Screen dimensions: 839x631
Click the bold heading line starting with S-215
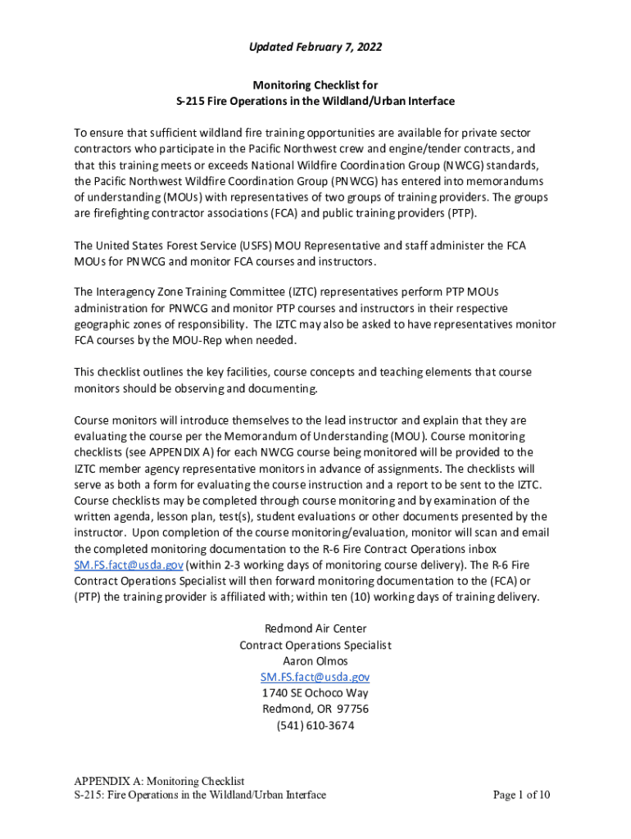click(x=315, y=101)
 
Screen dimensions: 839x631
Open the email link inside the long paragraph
click(x=129, y=565)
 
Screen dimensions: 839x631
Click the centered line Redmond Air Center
click(x=315, y=628)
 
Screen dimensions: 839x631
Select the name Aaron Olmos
click(x=315, y=660)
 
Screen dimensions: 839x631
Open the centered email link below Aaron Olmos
click(x=315, y=677)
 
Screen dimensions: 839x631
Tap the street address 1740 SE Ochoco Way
click(x=315, y=693)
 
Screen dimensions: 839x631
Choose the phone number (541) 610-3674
click(x=315, y=725)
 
